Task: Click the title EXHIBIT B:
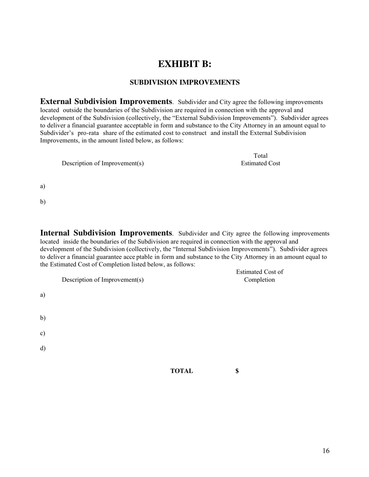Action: coord(184,64)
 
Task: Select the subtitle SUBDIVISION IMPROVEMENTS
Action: coord(184,83)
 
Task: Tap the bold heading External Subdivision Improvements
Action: coord(106,102)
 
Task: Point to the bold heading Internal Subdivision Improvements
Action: coord(106,233)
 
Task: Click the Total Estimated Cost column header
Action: coord(260,160)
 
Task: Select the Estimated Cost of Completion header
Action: coord(259,276)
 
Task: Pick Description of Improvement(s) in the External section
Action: coord(103,163)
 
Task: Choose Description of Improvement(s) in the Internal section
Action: coord(103,280)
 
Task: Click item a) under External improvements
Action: coord(43,186)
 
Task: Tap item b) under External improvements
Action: coord(43,202)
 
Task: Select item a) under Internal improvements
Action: coord(43,295)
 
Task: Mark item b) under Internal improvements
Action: coord(43,318)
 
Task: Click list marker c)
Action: coord(43,334)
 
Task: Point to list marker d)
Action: coord(43,348)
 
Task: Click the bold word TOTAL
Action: coord(181,371)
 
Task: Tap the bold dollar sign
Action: coord(237,371)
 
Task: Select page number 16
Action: coord(325,451)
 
